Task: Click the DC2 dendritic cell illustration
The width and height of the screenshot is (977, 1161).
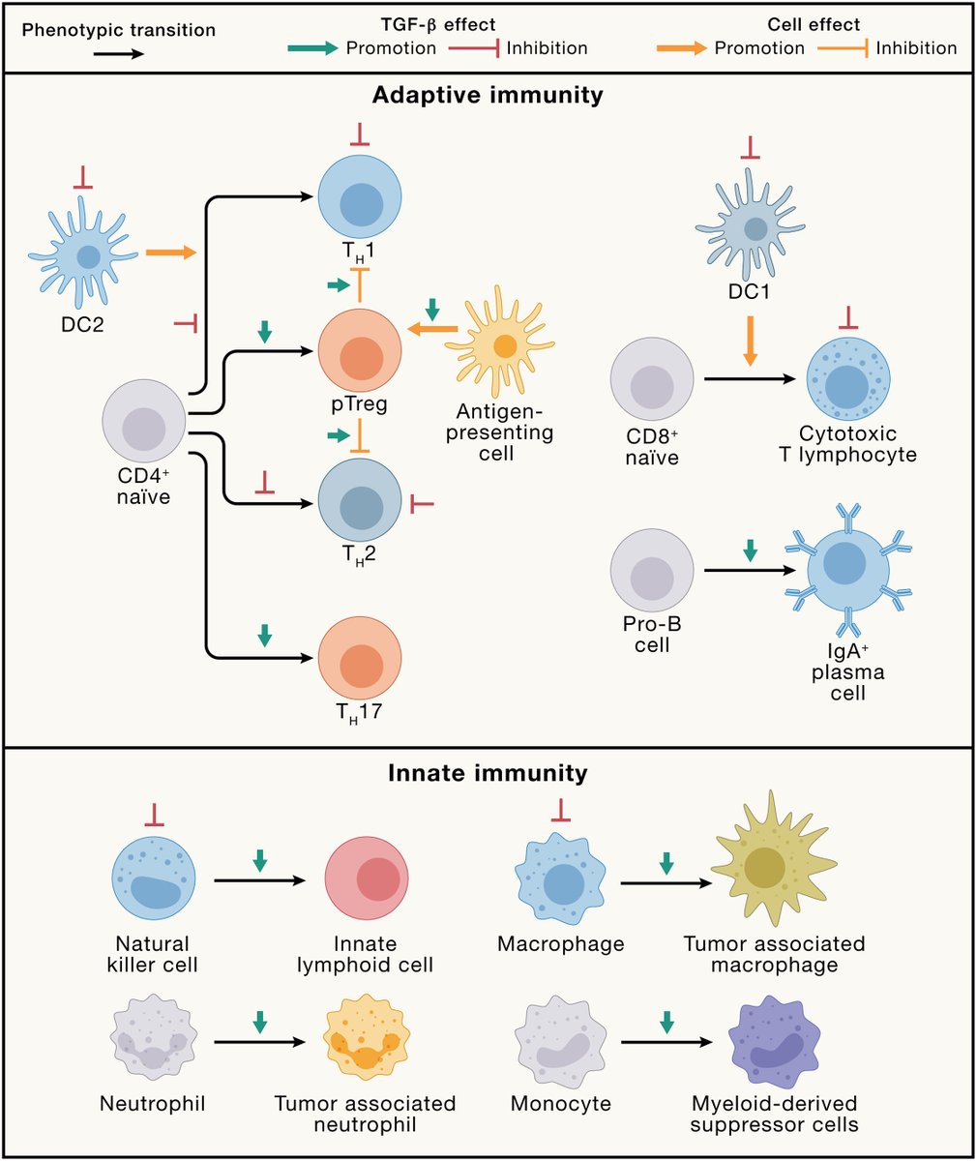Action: point(88,256)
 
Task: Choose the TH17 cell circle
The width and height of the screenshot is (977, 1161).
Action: point(359,658)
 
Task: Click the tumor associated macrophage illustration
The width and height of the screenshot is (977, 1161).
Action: point(764,866)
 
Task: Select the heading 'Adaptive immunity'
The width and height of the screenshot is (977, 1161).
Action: point(488,96)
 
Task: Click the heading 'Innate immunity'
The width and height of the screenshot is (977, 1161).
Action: point(488,773)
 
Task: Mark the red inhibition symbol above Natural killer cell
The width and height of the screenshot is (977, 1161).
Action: point(154,817)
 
